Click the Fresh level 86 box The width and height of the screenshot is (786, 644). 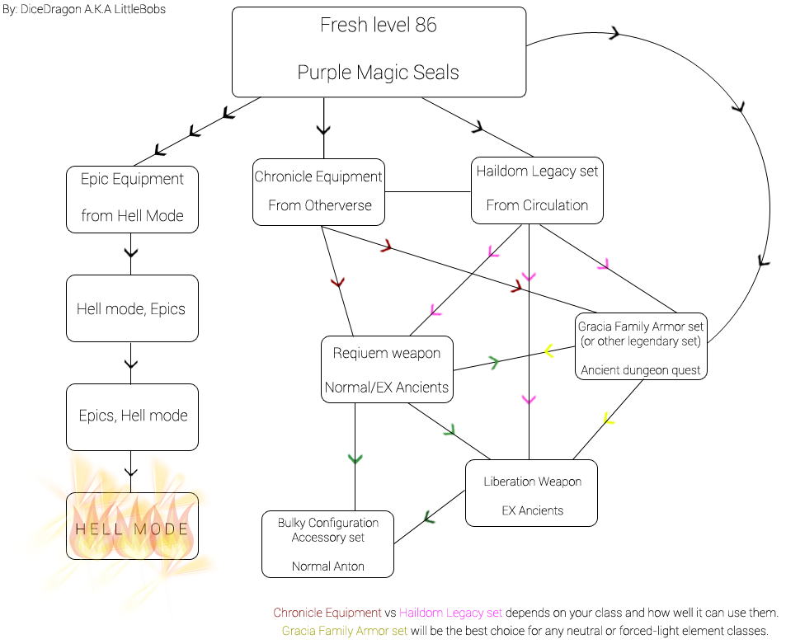point(379,51)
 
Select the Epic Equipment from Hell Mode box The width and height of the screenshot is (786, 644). point(132,198)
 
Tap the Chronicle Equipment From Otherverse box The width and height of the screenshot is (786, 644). point(318,191)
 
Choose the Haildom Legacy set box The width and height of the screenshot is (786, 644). point(537,190)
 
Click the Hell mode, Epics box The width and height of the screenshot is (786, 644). point(132,308)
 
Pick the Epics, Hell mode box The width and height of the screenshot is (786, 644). point(132,416)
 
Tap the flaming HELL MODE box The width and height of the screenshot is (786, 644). point(132,529)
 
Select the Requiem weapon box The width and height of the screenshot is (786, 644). point(387,369)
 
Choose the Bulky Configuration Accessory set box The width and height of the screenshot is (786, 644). point(327,543)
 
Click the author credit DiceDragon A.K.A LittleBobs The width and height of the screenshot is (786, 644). point(85,10)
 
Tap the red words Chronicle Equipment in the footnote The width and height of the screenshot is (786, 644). point(327,613)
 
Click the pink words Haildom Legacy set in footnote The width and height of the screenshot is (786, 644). point(450,613)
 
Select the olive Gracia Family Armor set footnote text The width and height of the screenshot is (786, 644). point(345,631)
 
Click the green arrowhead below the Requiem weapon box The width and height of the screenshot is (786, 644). point(355,458)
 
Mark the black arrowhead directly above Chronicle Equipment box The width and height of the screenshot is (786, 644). point(323,129)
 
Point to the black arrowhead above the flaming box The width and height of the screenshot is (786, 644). point(130,472)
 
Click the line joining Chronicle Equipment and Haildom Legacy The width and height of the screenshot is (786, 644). point(427,191)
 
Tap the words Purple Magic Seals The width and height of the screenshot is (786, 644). point(379,73)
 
